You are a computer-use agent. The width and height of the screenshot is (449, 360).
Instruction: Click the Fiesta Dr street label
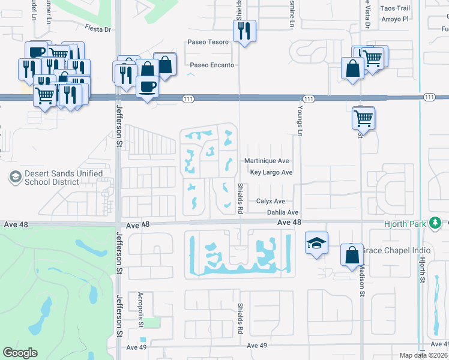pos(98,28)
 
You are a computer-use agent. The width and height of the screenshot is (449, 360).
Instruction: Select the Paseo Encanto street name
pos(212,65)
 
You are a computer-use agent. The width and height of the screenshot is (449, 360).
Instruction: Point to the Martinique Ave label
pos(267,161)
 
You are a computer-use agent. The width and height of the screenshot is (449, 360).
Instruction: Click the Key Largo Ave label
pos(271,172)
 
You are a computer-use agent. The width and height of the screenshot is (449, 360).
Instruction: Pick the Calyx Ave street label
pos(270,202)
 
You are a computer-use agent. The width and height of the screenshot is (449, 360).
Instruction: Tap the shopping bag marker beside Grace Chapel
pos(352,255)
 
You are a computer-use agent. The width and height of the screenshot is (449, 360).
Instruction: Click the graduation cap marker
pos(316,243)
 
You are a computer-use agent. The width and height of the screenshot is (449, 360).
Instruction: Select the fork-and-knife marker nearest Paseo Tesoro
pos(244,31)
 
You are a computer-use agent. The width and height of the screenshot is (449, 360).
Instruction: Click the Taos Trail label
pos(396,8)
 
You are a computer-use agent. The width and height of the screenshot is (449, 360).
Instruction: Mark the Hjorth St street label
pos(423,270)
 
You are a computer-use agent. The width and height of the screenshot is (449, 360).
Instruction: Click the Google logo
pos(20,353)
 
